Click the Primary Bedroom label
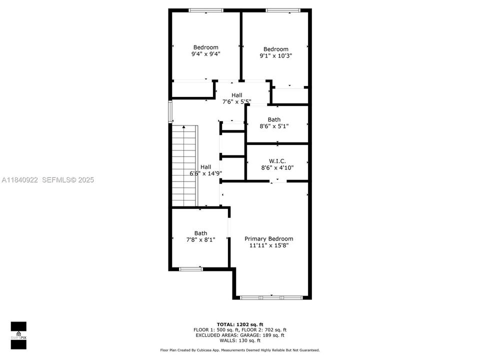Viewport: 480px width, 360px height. [268, 239]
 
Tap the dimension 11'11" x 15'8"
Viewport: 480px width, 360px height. [268, 245]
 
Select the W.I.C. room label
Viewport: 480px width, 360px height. [277, 161]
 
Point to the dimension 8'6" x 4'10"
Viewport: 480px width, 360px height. [277, 167]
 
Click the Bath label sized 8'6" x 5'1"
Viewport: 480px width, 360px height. [274, 119]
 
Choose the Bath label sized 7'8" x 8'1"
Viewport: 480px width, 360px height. [200, 233]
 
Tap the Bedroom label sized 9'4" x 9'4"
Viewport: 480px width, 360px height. [205, 47]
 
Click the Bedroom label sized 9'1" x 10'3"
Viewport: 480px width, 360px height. [275, 49]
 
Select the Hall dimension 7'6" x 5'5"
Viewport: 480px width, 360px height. [236, 101]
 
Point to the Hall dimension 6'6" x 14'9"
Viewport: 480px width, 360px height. [205, 173]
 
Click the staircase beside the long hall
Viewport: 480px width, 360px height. [184, 165]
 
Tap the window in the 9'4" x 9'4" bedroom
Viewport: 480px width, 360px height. [205, 10]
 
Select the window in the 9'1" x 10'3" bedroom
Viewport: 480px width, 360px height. [282, 10]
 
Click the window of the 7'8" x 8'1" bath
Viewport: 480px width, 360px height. [191, 269]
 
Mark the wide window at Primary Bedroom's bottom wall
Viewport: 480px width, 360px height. [271, 297]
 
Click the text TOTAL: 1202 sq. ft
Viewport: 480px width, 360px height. [239, 324]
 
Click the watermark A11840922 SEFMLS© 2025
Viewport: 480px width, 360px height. [47, 179]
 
